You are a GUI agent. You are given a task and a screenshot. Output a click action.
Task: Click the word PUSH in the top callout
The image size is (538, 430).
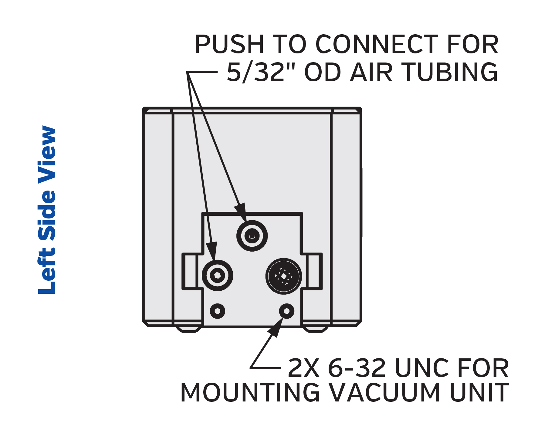229,44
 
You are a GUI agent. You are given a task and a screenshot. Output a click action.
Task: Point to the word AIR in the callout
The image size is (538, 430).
371,72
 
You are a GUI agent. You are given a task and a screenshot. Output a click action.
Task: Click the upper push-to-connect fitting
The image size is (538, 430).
252,236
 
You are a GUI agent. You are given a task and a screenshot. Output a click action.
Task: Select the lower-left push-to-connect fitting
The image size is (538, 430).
217,276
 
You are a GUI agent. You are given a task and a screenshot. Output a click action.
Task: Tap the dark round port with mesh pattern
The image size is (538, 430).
284,276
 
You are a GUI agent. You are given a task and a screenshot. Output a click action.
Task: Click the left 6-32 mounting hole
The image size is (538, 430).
218,311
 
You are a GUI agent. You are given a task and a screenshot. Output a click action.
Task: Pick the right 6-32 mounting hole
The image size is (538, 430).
287,311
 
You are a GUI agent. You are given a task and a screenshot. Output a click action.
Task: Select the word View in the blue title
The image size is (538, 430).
47,155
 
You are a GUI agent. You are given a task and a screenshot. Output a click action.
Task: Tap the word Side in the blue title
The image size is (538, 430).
47,216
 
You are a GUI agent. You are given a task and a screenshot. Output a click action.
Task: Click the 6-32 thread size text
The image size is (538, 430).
357,368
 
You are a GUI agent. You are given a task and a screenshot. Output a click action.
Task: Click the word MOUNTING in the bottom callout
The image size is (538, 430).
250,393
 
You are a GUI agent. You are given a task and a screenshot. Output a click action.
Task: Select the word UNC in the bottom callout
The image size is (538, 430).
422,368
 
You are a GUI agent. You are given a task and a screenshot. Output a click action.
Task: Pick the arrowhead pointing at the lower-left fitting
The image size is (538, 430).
212,251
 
